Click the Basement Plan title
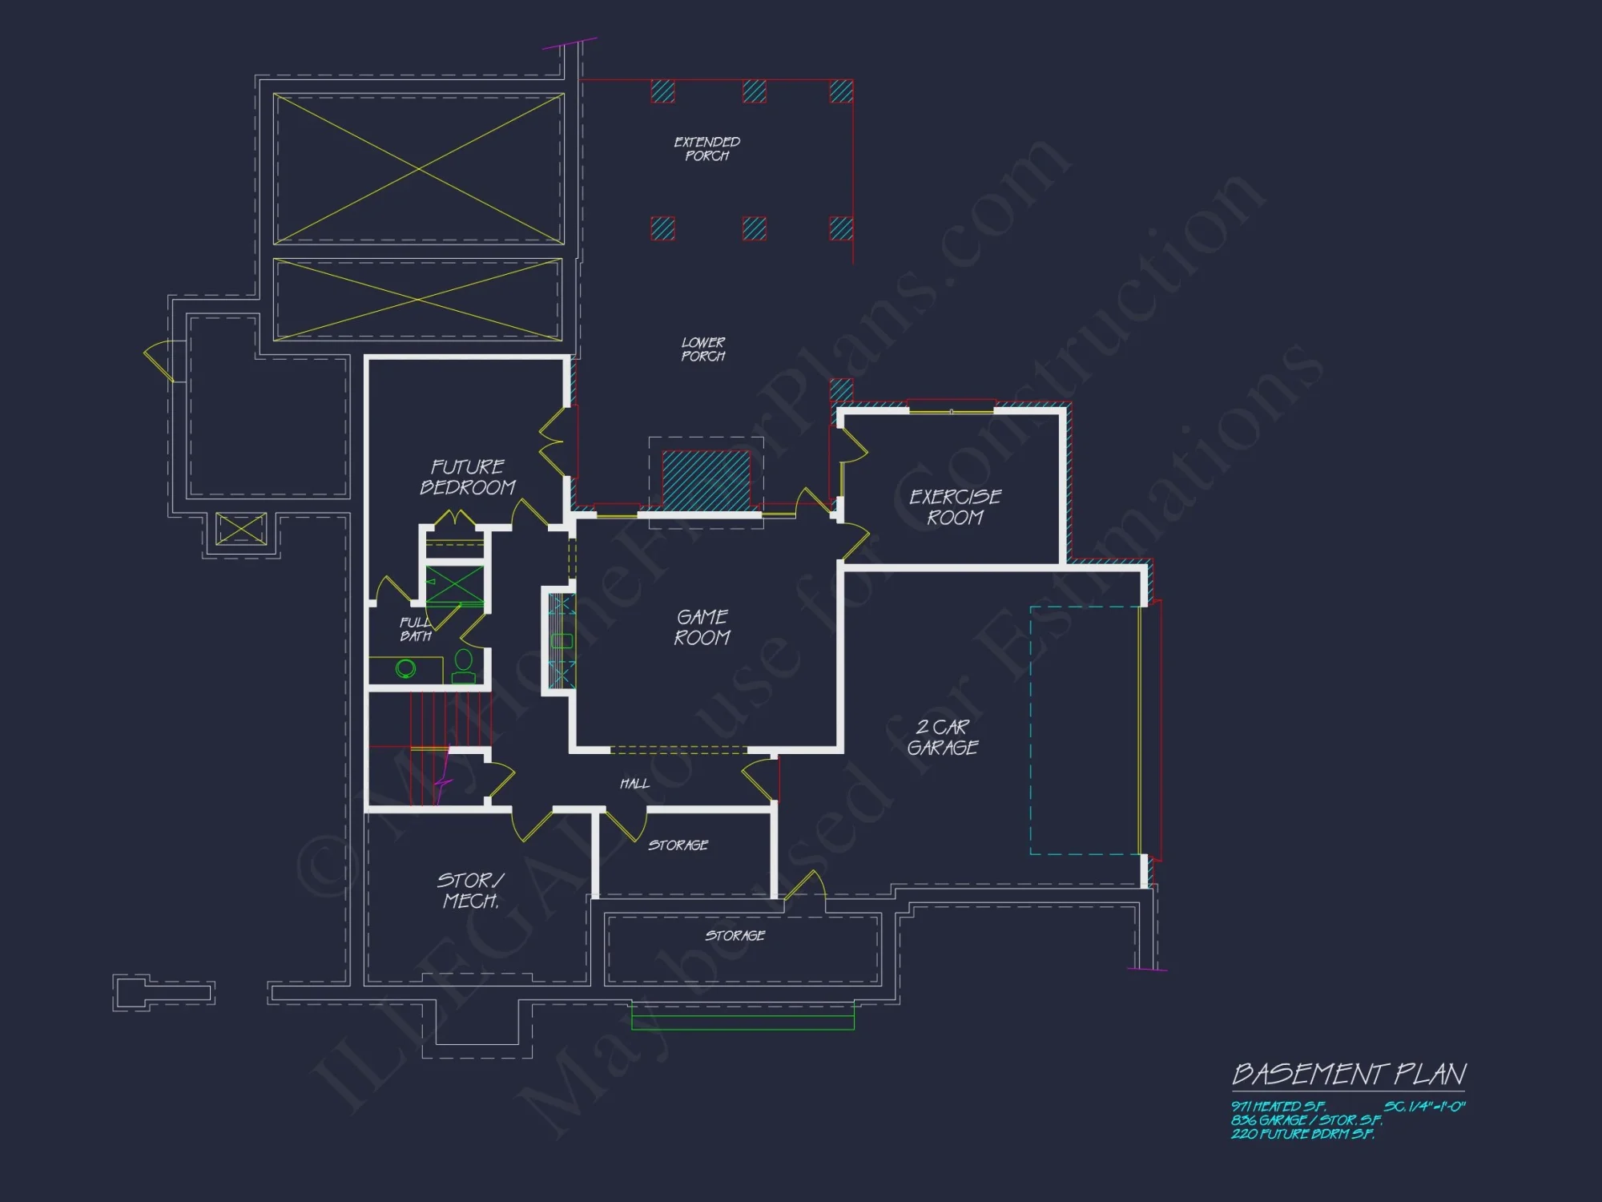point(1349,1074)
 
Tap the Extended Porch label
point(706,149)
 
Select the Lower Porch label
point(703,349)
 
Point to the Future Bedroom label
point(468,478)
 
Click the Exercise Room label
point(955,507)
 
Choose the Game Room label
point(702,627)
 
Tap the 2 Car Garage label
point(943,737)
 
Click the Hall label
point(634,784)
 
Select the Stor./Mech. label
point(471,890)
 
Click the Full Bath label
point(416,630)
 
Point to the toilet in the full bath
point(464,664)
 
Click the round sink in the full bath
point(406,668)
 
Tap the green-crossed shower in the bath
point(454,586)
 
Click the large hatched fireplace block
point(706,479)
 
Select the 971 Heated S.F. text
point(1278,1107)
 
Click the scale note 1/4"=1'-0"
point(1425,1107)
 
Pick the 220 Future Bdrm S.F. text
point(1302,1134)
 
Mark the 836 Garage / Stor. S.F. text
point(1306,1120)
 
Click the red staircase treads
point(449,720)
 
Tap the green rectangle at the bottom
point(743,1022)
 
